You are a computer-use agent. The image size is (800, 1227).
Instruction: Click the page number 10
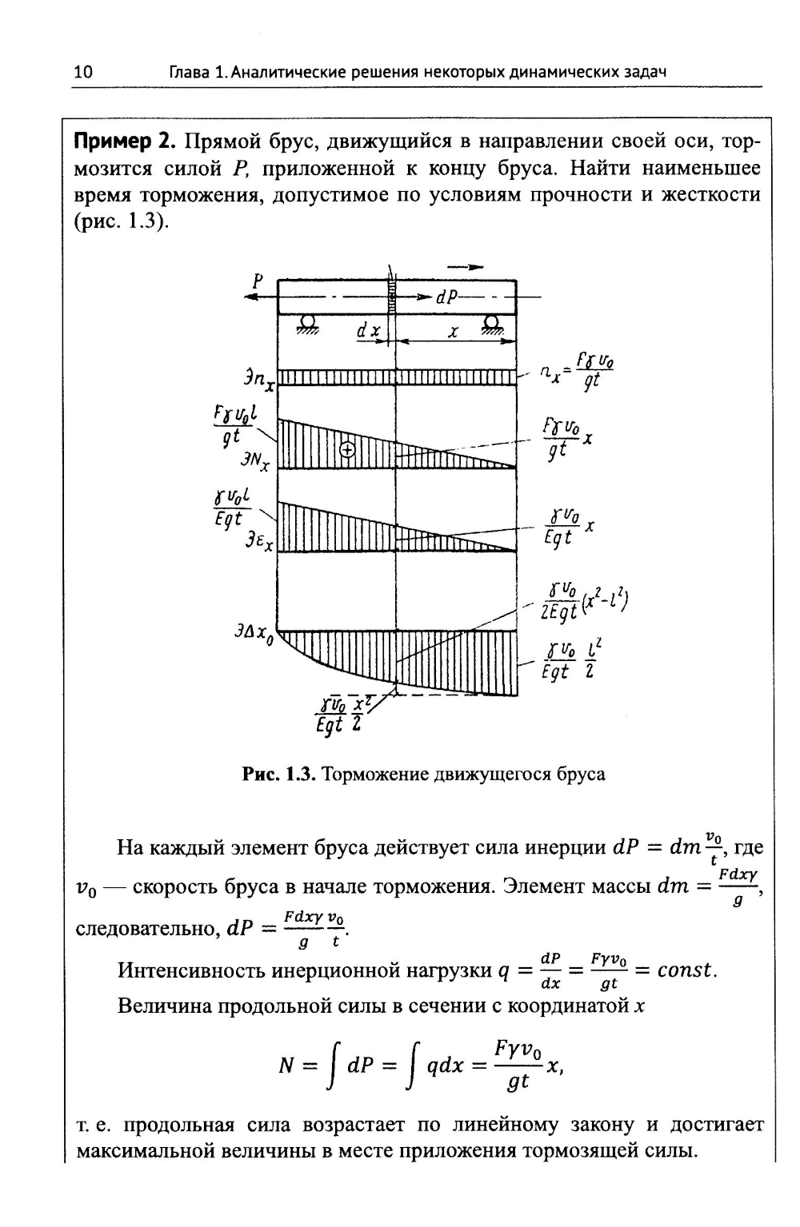click(83, 73)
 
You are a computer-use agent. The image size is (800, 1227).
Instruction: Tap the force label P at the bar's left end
click(258, 281)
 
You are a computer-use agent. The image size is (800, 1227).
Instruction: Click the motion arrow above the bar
click(466, 267)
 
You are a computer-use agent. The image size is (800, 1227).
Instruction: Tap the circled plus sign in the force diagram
click(347, 450)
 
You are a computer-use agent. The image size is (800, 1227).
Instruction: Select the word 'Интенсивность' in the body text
click(189, 970)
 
